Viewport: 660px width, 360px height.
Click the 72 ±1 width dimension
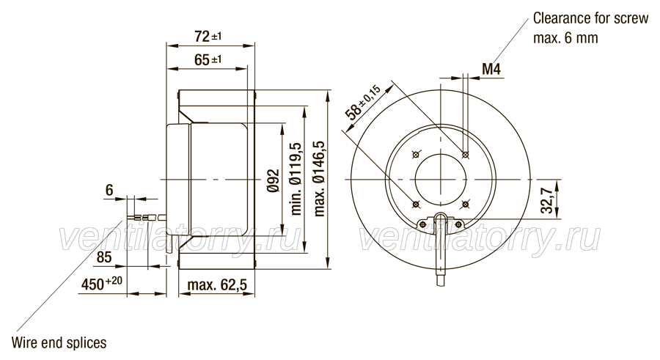pyautogui.click(x=208, y=37)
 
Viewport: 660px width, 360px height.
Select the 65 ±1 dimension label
pyautogui.click(x=208, y=60)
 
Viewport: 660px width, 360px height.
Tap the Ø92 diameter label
pyautogui.click(x=273, y=180)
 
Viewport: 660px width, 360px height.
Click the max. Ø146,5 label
pyautogui.click(x=320, y=178)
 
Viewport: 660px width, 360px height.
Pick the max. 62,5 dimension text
pyautogui.click(x=217, y=285)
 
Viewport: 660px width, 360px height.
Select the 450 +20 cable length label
pyautogui.click(x=101, y=283)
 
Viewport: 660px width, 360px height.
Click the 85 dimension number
pyautogui.click(x=104, y=257)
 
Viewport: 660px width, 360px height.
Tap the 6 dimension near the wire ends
pyautogui.click(x=109, y=191)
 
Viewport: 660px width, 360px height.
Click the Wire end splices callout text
pyautogui.click(x=59, y=342)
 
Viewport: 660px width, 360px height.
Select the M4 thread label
pyautogui.click(x=491, y=69)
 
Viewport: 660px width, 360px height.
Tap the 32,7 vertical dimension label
pyautogui.click(x=547, y=200)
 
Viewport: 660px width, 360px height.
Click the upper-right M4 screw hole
pyautogui.click(x=465, y=155)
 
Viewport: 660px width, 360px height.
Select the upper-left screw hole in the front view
pyautogui.click(x=416, y=155)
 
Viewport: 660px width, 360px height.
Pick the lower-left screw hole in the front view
pyautogui.click(x=416, y=205)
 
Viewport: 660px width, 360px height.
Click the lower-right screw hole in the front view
pyautogui.click(x=465, y=205)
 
